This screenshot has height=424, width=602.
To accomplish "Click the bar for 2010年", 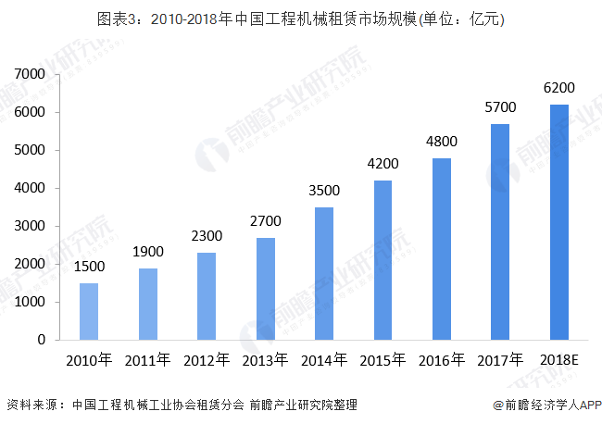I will point(89,311).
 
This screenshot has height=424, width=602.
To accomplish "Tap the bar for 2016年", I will point(441,249).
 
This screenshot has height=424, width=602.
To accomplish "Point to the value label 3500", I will point(324,193).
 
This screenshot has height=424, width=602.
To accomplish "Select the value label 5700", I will point(500,108).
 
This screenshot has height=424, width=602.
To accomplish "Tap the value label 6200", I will point(558,88).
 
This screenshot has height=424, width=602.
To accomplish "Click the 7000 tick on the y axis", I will point(31,74).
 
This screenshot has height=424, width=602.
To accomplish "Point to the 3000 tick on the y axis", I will point(31,226).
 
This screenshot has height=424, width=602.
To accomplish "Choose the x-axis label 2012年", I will point(206,359).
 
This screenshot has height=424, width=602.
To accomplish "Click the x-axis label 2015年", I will point(383,359).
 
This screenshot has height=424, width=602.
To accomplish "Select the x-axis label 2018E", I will point(558,359).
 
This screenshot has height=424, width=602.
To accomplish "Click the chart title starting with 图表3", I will point(301,18).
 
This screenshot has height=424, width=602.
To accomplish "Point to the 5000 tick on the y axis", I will point(31,150).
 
